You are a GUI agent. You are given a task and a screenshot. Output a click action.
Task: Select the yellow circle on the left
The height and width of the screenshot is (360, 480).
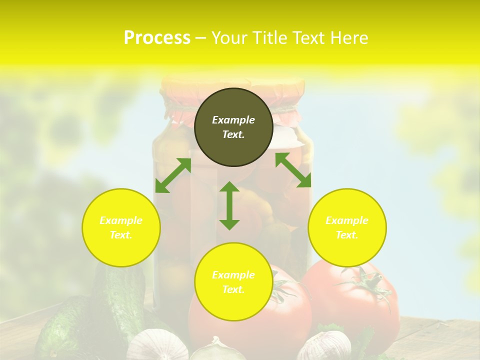(x=121, y=227)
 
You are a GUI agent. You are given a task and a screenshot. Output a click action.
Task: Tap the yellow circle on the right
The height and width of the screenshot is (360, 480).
(x=347, y=227)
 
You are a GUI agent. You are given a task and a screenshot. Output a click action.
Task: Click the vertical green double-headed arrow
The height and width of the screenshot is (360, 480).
(x=229, y=205)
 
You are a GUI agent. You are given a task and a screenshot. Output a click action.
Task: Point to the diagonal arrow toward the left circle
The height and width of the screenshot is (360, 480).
(x=173, y=175)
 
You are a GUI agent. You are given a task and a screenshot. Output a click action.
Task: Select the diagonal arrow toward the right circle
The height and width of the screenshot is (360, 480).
(x=293, y=170)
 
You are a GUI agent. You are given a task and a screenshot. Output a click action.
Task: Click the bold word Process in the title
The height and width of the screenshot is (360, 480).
(x=157, y=37)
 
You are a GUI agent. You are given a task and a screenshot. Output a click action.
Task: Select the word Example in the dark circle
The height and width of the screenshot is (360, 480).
(x=233, y=120)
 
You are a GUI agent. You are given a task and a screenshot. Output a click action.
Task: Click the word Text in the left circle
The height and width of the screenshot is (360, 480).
(x=121, y=235)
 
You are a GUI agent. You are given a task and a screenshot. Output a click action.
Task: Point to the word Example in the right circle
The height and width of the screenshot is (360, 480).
(x=347, y=220)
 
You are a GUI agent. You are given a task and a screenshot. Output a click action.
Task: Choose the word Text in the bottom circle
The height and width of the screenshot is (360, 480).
(x=233, y=289)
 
